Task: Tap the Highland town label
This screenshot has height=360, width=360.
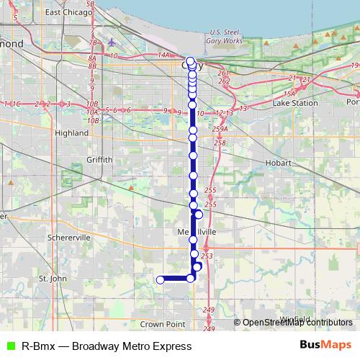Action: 71,133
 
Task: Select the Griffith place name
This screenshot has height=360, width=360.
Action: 99,159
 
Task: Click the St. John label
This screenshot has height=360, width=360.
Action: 53,278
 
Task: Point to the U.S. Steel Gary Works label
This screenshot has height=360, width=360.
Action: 225,36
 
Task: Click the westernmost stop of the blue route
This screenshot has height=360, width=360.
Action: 161,280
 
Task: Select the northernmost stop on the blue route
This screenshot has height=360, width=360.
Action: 190,61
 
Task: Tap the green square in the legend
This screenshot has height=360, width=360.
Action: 10,346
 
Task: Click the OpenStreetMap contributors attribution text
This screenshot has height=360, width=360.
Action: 297,323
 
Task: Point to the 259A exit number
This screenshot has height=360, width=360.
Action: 220,129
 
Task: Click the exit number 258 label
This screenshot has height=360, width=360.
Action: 220,143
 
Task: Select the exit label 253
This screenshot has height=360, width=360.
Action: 207,256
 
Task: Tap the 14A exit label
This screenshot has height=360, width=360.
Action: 163,55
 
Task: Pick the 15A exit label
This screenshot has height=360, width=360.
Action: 289,94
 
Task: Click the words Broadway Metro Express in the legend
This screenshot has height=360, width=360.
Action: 131,346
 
